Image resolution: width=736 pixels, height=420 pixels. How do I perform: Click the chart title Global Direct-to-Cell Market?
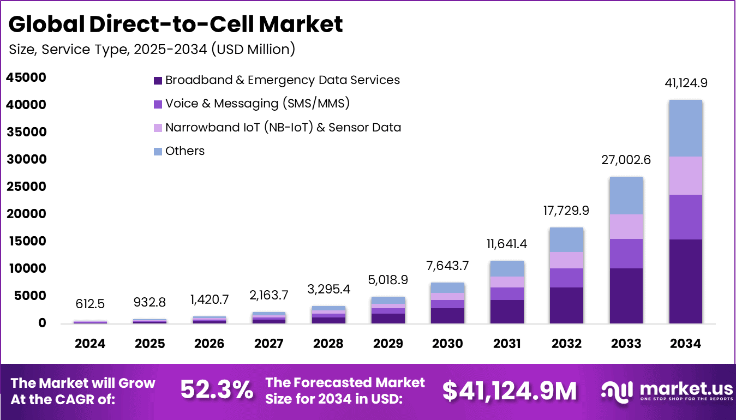pyautogui.click(x=176, y=24)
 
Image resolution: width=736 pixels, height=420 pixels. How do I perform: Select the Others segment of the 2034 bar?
pyautogui.click(x=685, y=128)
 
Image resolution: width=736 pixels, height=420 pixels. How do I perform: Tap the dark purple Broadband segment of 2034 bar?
pyautogui.click(x=685, y=281)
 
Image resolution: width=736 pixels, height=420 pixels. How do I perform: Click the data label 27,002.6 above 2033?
pyautogui.click(x=626, y=160)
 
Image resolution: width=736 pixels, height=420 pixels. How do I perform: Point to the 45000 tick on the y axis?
pyautogui.click(x=26, y=77)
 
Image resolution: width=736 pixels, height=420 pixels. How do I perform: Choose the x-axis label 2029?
pyautogui.click(x=388, y=344)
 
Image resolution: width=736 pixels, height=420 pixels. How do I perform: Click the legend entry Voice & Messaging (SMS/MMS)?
pyautogui.click(x=257, y=104)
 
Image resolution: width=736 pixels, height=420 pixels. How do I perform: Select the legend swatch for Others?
pyautogui.click(x=158, y=151)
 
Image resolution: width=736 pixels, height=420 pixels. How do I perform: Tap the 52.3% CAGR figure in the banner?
pyautogui.click(x=217, y=390)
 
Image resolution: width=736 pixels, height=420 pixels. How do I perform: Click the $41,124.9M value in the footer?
pyautogui.click(x=509, y=391)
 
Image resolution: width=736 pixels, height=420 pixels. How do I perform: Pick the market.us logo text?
pyautogui.click(x=685, y=388)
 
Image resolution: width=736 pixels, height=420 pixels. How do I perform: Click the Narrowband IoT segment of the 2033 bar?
pyautogui.click(x=626, y=226)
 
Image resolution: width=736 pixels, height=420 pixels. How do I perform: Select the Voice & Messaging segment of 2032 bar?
pyautogui.click(x=566, y=278)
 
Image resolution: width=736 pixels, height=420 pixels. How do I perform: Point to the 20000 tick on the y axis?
pyautogui.click(x=26, y=214)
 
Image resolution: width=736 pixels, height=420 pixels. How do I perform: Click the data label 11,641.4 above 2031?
pyautogui.click(x=507, y=244)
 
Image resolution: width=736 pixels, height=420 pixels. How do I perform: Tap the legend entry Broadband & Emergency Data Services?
pyautogui.click(x=282, y=80)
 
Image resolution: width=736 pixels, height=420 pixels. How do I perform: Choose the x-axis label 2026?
pyautogui.click(x=209, y=344)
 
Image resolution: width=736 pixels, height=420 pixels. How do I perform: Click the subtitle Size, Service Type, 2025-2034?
pyautogui.click(x=152, y=49)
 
